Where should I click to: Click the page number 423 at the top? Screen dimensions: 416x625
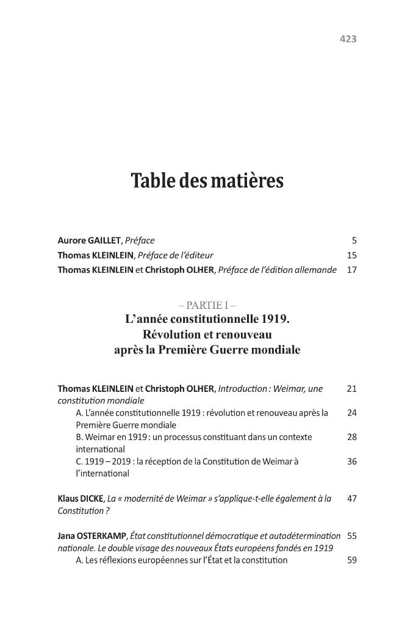click(347, 38)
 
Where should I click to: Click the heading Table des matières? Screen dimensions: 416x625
click(207, 181)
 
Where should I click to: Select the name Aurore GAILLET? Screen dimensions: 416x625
click(85, 240)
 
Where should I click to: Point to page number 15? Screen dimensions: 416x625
click(351, 255)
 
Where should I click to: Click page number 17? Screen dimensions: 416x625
click(351, 269)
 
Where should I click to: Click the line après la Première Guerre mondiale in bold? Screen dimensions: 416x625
click(207, 350)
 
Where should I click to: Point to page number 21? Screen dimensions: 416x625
click(351, 388)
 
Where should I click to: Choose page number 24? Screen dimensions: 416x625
click(351, 413)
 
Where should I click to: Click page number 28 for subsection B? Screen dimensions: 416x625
click(351, 437)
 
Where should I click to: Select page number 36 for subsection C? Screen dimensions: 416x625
click(351, 461)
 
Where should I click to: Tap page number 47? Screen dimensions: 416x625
click(351, 499)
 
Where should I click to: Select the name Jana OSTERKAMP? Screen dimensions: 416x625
click(87, 536)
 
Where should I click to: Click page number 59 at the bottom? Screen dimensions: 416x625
click(351, 560)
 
